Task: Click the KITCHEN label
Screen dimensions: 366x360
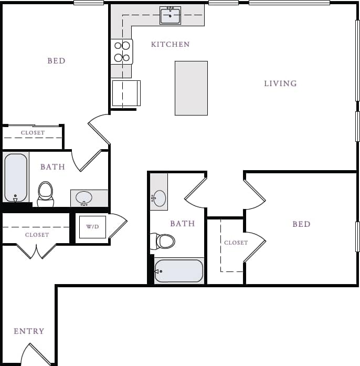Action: tap(170, 45)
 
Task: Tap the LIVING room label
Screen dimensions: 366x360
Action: tap(280, 83)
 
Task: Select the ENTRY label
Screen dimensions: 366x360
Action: tap(29, 331)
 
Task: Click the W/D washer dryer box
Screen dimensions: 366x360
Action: tap(92, 227)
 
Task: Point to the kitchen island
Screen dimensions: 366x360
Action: tap(191, 88)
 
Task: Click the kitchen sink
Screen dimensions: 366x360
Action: tap(170, 16)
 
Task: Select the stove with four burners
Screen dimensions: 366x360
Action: tap(122, 51)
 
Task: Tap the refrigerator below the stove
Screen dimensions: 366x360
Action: tap(126, 93)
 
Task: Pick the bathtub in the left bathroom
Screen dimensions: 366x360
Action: tap(16, 177)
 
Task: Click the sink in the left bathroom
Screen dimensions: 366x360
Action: tap(84, 198)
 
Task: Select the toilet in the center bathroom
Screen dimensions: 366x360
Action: tap(164, 241)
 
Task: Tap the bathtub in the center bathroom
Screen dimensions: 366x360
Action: tap(178, 271)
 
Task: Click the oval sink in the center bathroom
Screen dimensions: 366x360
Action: tap(159, 198)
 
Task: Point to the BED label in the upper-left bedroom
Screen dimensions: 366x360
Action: tap(56, 61)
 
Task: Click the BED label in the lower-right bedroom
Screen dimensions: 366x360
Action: tap(301, 224)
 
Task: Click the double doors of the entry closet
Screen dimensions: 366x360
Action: tap(36, 251)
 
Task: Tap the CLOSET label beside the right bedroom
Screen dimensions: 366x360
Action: tap(236, 243)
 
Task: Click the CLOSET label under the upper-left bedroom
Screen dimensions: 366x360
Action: tap(33, 133)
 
